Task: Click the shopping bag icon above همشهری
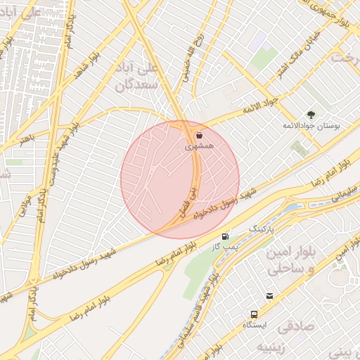tap(199, 136)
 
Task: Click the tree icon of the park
tap(310, 114)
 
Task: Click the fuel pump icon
tap(224, 237)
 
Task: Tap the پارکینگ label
tap(264, 229)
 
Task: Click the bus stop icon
tap(254, 314)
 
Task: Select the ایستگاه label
tap(255, 326)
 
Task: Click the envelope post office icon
tap(269, 296)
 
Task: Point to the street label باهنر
tap(26, 136)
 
